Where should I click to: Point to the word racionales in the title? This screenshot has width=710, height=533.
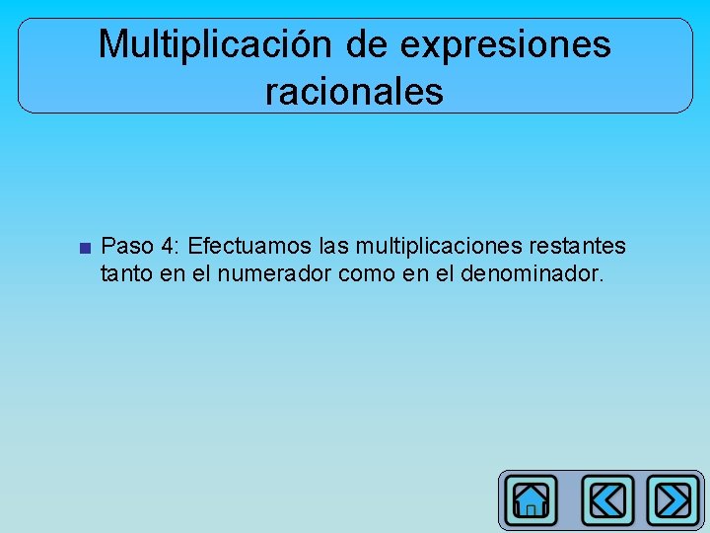[354, 92]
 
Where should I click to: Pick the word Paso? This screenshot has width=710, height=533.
[125, 245]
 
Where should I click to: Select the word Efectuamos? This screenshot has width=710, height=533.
[249, 245]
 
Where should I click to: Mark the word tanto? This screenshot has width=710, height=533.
[126, 272]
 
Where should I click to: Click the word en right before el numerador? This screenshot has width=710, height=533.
[173, 272]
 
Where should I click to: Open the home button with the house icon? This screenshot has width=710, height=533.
[531, 500]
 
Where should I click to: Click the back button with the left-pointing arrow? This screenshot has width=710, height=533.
[607, 500]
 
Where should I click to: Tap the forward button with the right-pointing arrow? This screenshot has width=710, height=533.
[674, 500]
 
